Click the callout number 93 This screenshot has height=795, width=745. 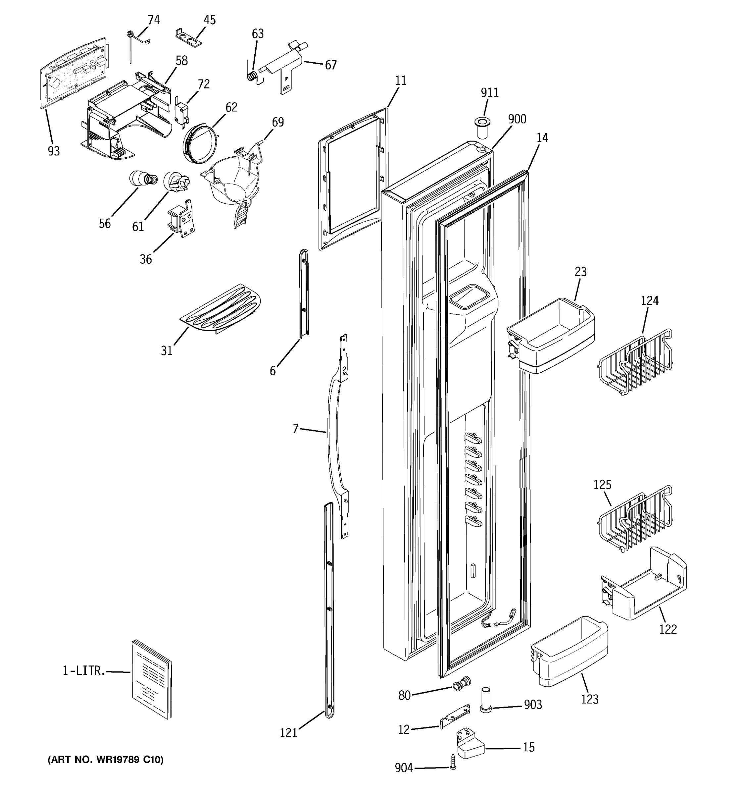click(54, 151)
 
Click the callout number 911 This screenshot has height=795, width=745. click(490, 93)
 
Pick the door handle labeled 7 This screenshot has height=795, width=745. click(334, 436)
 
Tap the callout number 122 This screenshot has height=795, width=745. click(668, 629)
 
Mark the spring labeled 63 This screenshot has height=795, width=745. click(253, 76)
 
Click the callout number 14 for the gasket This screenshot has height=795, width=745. click(542, 137)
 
